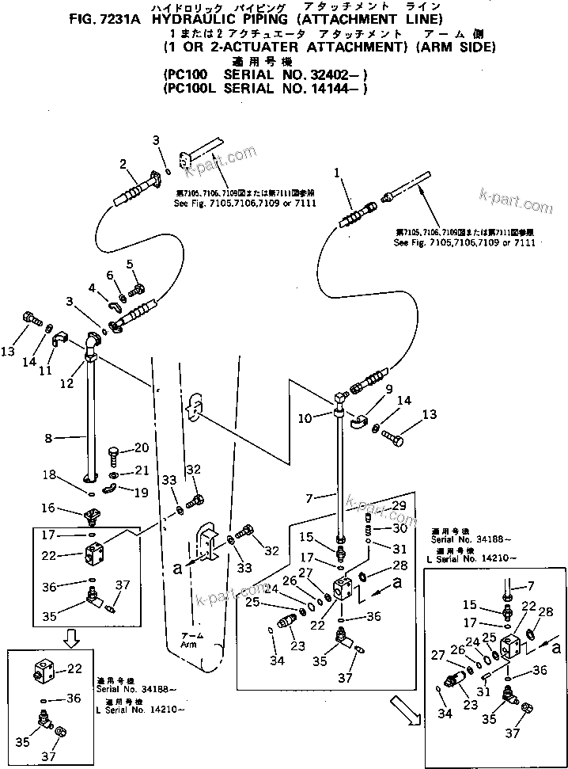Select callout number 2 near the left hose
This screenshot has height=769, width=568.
click(x=123, y=164)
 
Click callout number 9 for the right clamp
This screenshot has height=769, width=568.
click(x=388, y=389)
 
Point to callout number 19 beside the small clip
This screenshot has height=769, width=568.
click(x=141, y=492)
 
